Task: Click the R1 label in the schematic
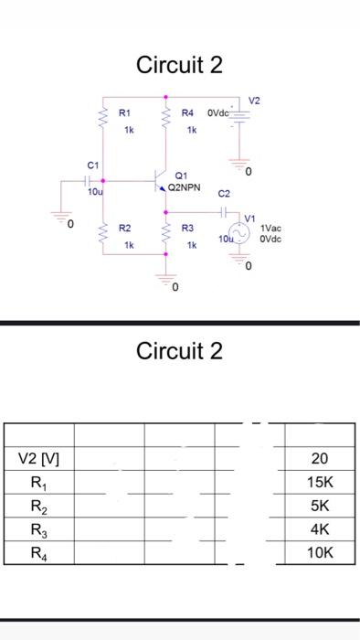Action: [x=125, y=113]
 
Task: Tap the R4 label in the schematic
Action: [x=187, y=113]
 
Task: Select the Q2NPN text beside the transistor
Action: [x=184, y=187]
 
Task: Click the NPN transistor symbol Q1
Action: [x=160, y=179]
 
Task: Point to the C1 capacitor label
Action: [x=92, y=165]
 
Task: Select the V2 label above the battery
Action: [x=255, y=100]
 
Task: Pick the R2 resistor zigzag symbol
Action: [x=103, y=235]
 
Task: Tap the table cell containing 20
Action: [x=319, y=459]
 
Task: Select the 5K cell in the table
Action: [x=319, y=506]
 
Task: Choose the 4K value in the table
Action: [x=319, y=529]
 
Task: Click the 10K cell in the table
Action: [x=319, y=552]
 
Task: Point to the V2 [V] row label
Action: [x=39, y=459]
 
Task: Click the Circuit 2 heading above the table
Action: [x=179, y=351]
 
